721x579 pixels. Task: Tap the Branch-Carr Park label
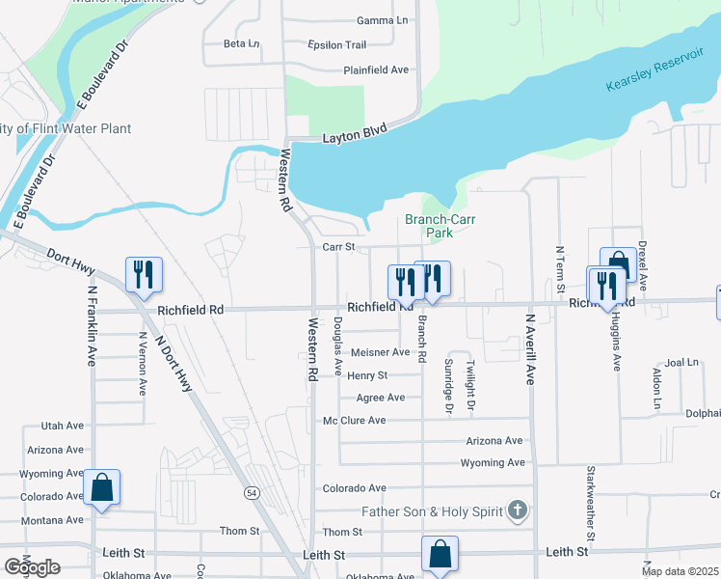pos(441,226)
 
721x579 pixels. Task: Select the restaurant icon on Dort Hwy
pos(144,274)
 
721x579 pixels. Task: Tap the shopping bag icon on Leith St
pos(440,554)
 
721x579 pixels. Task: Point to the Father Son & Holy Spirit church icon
pos(518,510)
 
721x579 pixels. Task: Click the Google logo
pos(32,567)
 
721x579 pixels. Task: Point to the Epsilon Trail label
pos(336,45)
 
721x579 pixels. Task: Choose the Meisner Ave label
pos(380,352)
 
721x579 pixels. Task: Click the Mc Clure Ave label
pos(354,421)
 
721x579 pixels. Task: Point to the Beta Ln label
pos(241,43)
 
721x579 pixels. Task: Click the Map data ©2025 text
pos(680,571)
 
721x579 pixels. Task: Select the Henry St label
pos(367,375)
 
